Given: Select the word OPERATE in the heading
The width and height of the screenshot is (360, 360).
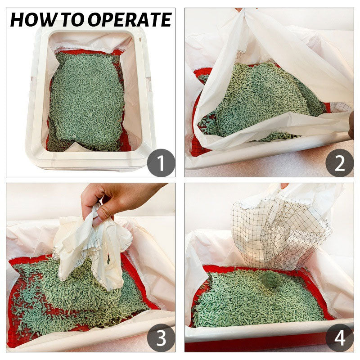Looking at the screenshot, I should click(x=131, y=20).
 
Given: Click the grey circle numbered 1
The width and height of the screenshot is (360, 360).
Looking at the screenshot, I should click(x=161, y=162).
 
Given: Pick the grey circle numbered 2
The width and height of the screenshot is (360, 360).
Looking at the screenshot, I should click(x=339, y=162).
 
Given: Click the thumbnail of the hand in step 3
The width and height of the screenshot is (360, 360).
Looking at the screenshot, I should click(x=98, y=219).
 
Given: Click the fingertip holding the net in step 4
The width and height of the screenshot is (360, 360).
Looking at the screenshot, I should click(x=283, y=185).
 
